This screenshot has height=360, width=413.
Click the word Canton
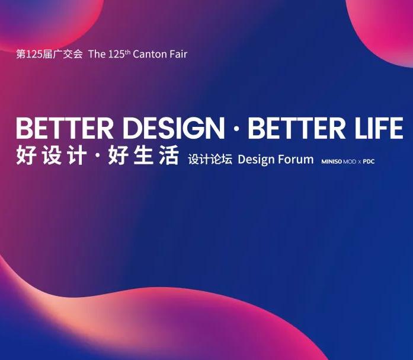click(151, 55)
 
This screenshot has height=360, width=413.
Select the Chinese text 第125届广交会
click(50, 55)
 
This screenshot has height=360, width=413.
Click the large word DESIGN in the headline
click(171, 129)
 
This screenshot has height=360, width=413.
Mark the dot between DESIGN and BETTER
click(236, 129)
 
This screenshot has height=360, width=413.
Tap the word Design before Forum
click(257, 160)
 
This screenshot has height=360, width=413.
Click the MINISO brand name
click(331, 161)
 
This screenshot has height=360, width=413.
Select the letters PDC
click(369, 161)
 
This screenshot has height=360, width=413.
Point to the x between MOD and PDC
click(360, 161)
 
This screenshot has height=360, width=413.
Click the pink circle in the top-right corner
click(385, 24)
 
